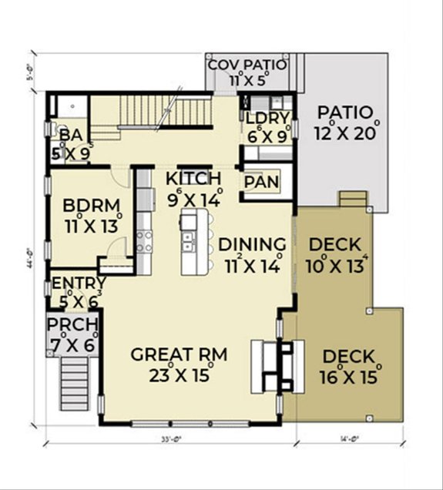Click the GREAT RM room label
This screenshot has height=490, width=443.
tap(178, 355)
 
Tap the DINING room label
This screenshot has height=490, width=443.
tap(252, 245)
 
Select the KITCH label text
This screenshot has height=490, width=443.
tap(193, 179)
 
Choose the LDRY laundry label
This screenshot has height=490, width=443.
tap(267, 118)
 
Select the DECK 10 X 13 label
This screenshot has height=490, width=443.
tap(334, 246)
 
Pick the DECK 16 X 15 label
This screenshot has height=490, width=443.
tap(348, 357)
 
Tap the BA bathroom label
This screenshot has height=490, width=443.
tap(71, 136)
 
